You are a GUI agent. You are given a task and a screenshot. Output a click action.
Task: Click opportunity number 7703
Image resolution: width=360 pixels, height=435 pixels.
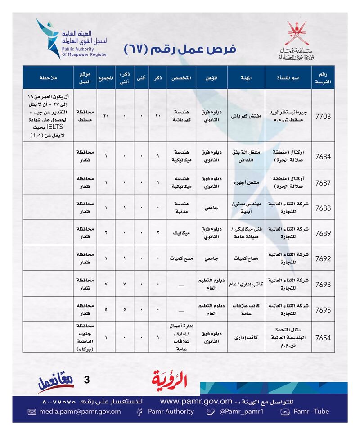pos(324,116)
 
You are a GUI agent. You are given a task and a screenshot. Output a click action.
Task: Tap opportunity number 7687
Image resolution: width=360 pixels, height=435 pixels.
pos(324,182)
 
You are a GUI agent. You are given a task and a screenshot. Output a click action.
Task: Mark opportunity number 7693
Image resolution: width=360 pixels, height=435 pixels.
pos(324,284)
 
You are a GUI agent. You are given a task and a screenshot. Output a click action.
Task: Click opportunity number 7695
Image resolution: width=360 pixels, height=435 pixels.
pos(324,309)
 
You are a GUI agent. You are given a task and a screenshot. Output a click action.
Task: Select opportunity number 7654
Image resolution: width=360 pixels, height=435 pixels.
pos(324,337)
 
